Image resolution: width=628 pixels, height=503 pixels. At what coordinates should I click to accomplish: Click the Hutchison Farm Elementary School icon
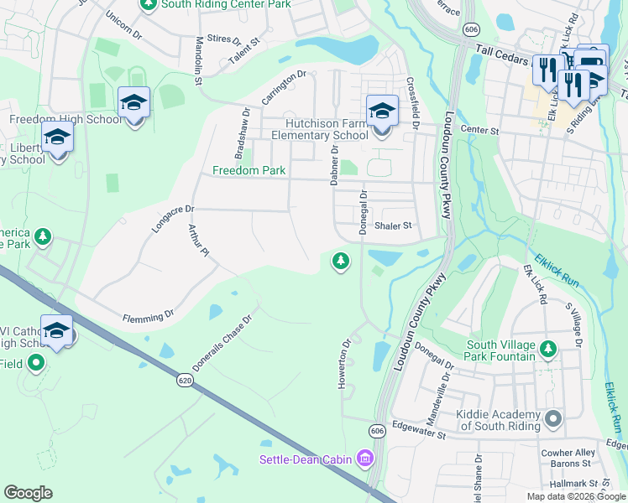click(x=381, y=111)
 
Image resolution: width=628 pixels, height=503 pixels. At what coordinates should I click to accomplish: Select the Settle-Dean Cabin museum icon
click(x=364, y=458)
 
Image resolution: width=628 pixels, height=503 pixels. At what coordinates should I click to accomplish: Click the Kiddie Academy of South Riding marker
click(x=552, y=417)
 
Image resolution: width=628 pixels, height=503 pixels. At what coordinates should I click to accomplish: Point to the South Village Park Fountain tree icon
click(x=548, y=347)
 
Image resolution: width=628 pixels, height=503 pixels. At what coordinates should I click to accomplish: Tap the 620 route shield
click(x=185, y=381)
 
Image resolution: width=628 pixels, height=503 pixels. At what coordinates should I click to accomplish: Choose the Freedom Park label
click(x=249, y=170)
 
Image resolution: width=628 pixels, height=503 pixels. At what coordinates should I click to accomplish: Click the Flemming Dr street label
click(x=147, y=316)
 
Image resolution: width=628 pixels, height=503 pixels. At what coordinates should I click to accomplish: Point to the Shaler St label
click(x=394, y=226)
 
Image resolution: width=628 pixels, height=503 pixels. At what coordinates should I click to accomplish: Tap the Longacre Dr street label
click(x=172, y=220)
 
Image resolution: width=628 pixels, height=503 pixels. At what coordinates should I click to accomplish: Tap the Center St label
click(x=480, y=131)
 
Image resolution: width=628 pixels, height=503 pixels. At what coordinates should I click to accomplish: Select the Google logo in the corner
click(x=28, y=493)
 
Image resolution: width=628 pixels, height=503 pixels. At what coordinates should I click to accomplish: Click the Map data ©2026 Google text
click(x=576, y=496)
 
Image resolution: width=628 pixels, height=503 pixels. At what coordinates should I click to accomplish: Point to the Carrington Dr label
click(x=280, y=87)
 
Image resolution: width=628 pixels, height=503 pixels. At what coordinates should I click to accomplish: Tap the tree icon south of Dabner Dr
click(x=340, y=261)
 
